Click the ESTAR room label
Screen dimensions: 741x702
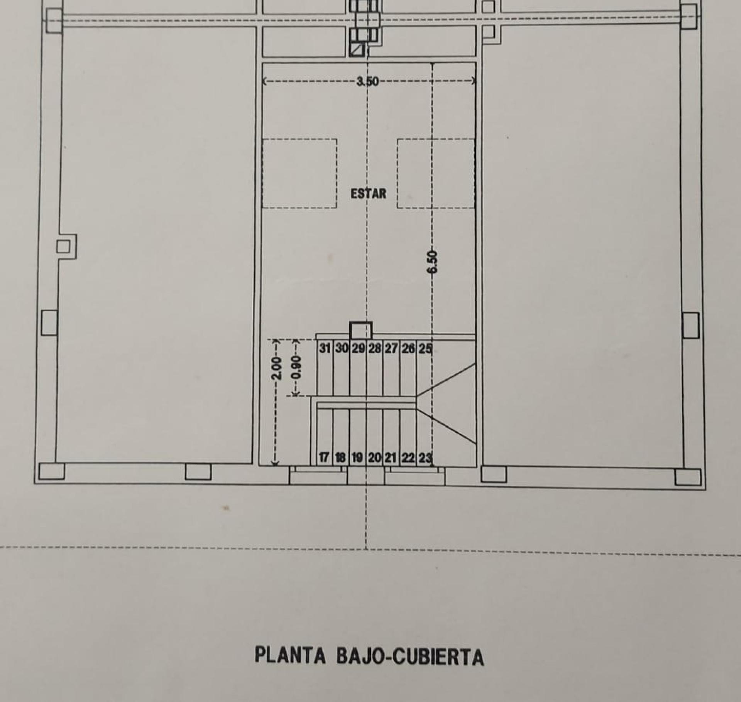click(x=368, y=193)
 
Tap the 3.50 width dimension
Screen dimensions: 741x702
click(x=368, y=81)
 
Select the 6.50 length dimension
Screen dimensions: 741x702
click(x=433, y=262)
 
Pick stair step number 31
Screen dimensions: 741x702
click(x=325, y=348)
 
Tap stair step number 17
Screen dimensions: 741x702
click(x=323, y=457)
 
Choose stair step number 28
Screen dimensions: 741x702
click(x=374, y=348)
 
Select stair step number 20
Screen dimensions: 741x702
click(x=374, y=458)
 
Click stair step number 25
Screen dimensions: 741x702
click(x=425, y=348)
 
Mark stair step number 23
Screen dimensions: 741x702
click(x=425, y=458)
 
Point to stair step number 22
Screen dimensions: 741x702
click(x=408, y=458)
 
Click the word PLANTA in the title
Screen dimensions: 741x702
click(x=290, y=655)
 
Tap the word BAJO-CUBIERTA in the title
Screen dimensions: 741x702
click(x=410, y=656)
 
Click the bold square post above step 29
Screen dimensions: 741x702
click(x=361, y=330)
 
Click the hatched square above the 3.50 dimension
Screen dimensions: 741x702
click(x=357, y=50)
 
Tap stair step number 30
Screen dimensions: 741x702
click(x=342, y=348)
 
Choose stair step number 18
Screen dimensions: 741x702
click(x=340, y=458)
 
